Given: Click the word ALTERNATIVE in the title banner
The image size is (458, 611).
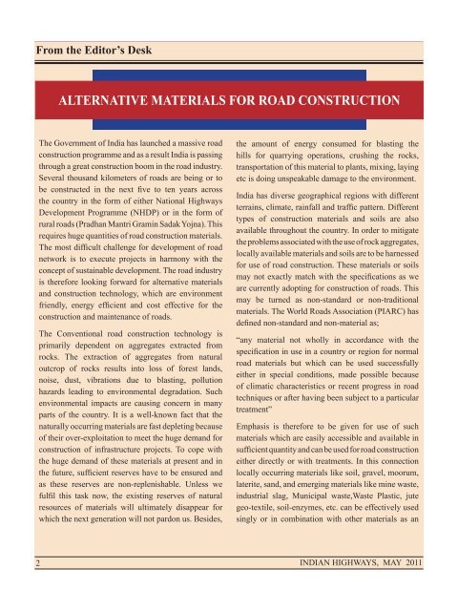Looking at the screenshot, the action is click(106, 99).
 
